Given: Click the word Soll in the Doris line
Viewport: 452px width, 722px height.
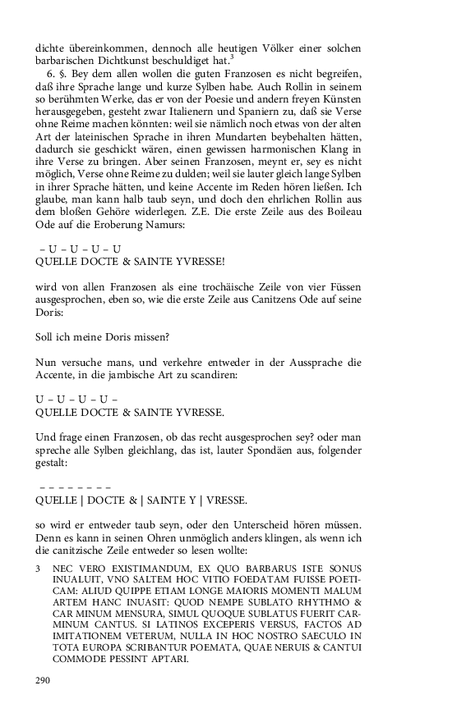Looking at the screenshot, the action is point(45,339).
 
